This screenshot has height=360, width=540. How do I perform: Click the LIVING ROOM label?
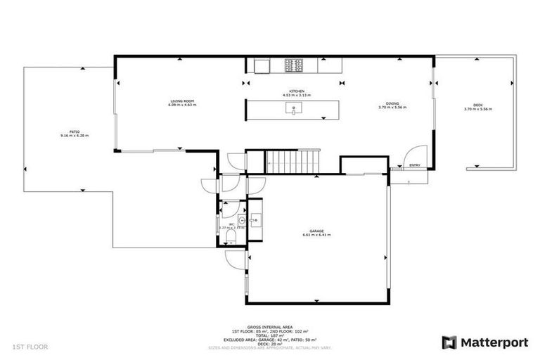[181, 101]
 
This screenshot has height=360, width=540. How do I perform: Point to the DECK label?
[477, 105]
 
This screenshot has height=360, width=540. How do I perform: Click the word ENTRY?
[415, 166]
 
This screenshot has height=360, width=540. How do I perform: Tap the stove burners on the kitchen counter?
[294, 65]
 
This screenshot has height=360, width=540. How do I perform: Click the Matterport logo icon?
[449, 342]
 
